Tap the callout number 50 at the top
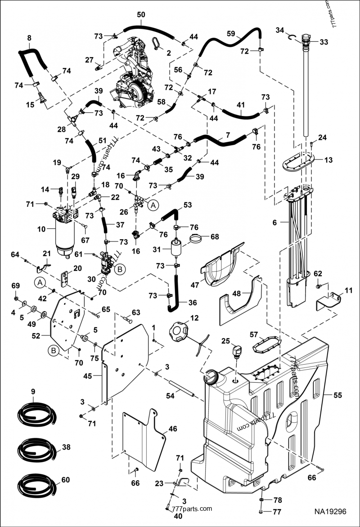[141, 15]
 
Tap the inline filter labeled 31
[176, 248]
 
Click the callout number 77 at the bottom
[277, 511]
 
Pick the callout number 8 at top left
[29, 37]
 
